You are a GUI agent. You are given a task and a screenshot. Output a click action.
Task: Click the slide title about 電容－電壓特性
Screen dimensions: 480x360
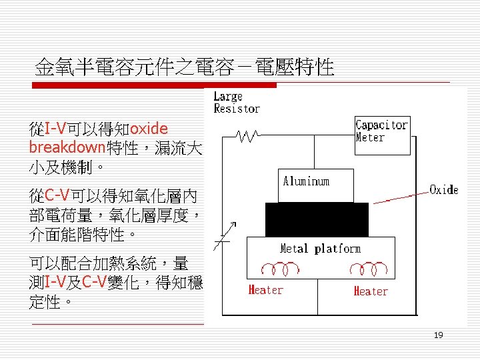pyautogui.click(x=185, y=67)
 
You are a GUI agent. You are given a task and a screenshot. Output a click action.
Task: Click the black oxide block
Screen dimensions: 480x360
pyautogui.click(x=316, y=219)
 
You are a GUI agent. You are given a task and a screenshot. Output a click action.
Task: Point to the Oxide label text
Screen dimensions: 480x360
pyautogui.click(x=444, y=190)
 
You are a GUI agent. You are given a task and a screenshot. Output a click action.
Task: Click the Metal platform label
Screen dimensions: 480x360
pyautogui.click(x=320, y=249)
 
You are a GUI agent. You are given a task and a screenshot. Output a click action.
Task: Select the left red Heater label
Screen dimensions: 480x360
pyautogui.click(x=265, y=290)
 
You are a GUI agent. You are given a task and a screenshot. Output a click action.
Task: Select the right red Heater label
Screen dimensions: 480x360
pyautogui.click(x=371, y=291)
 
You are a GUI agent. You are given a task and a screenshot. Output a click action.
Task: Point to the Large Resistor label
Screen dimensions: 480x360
pyautogui.click(x=236, y=103)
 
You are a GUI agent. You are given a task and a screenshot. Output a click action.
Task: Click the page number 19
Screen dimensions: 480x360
pyautogui.click(x=438, y=335)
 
